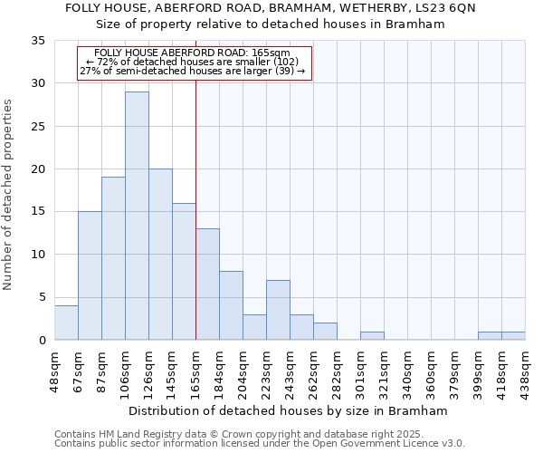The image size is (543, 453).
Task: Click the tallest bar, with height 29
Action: [x=137, y=216]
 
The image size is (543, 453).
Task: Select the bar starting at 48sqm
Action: [x=66, y=323]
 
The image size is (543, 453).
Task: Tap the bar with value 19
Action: [x=113, y=258]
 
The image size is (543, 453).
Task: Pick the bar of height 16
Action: [x=184, y=271]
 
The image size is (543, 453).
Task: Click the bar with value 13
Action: [x=207, y=284]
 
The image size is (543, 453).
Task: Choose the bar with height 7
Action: [x=278, y=310]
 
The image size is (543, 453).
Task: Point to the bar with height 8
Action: [x=231, y=305]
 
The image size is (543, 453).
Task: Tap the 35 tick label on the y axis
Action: [x=38, y=41]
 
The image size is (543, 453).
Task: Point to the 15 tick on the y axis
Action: [x=38, y=212]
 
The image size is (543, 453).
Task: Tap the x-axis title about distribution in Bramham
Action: [x=288, y=410]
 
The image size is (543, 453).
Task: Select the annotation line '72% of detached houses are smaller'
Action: [x=192, y=62]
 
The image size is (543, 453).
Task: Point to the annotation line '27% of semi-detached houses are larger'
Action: [x=192, y=71]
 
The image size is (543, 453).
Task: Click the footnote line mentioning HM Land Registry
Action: [x=259, y=435]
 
